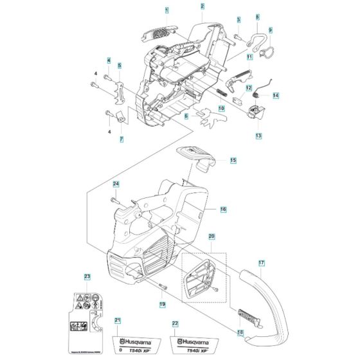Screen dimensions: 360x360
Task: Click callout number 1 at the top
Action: tap(167, 10)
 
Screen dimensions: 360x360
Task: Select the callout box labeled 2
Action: tap(202, 6)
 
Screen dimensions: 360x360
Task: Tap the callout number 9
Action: tap(270, 30)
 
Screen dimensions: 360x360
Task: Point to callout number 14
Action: tap(276, 96)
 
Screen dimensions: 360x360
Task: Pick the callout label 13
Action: tap(258, 136)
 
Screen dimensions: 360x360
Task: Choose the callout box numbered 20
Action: tap(212, 237)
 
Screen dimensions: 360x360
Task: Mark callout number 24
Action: tap(116, 184)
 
